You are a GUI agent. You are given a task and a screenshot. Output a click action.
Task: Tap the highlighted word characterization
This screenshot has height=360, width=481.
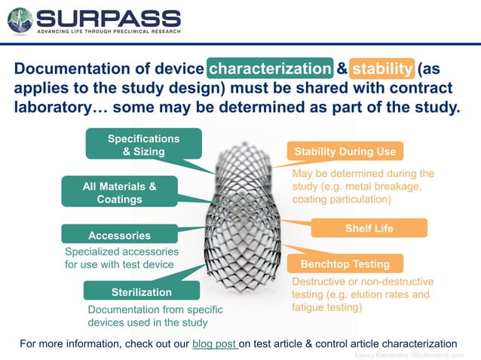click(269, 69)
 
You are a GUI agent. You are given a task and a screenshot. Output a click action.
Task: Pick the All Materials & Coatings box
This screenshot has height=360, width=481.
click(119, 192)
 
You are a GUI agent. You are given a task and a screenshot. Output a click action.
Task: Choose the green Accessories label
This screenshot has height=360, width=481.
click(119, 235)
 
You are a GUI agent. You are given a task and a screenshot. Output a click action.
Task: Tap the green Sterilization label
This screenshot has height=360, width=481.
click(141, 291)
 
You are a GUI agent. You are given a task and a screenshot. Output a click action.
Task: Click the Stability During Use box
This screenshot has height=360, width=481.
click(345, 151)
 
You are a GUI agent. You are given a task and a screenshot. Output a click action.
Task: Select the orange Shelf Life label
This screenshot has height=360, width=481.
click(369, 228)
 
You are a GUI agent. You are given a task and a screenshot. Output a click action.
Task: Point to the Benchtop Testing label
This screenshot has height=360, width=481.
click(345, 264)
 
